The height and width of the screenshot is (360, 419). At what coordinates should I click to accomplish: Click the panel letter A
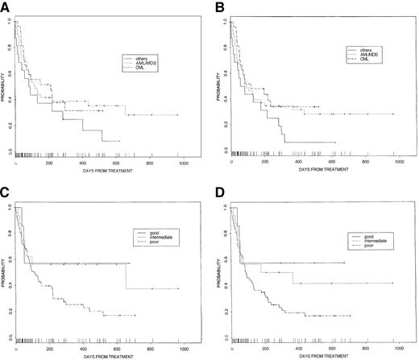pyautogui.click(x=6, y=6)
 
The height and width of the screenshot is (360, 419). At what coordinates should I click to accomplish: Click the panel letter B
pyautogui.click(x=218, y=6)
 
